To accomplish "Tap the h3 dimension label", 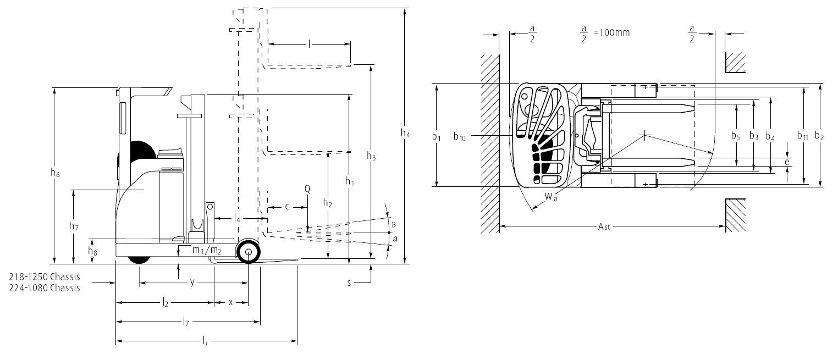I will [x=372, y=156].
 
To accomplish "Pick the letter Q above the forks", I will [x=307, y=189].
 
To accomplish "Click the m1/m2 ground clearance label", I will [x=207, y=251].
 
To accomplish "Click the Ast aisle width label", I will [x=604, y=226].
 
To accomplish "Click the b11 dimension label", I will [x=803, y=135].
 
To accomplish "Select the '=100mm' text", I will [x=612, y=32].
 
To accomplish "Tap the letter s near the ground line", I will [x=349, y=283].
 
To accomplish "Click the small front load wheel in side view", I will [x=248, y=252].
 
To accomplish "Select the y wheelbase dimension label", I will [x=192, y=283].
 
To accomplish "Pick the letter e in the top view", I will [x=787, y=162].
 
